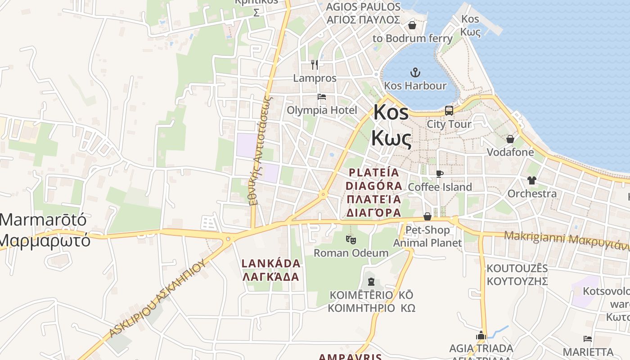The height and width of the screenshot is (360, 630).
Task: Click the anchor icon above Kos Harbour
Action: coord(415,72)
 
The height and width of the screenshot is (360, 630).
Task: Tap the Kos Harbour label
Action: coord(415,85)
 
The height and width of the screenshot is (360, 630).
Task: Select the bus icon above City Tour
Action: coord(449,110)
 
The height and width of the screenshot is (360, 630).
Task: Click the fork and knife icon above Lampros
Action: coord(315,65)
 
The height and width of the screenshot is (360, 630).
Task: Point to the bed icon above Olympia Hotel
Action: coord(322,97)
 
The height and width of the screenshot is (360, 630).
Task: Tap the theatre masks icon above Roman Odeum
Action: coord(351,239)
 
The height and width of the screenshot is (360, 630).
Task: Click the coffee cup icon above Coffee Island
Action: coord(440,174)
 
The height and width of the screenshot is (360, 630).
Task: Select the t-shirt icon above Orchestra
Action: coord(532,180)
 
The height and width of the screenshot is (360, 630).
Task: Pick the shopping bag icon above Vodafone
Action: coord(510,139)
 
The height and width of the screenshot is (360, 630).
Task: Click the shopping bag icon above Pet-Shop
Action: coord(427,217)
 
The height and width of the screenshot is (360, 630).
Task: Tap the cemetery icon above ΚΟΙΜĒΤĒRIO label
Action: coord(371,282)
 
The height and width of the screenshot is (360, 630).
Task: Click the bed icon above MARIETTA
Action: coord(587,338)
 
